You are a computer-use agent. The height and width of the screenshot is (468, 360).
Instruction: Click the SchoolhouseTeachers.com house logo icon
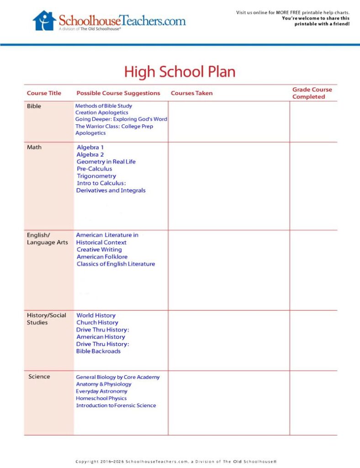44,21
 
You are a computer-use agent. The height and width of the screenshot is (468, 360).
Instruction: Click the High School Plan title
180,72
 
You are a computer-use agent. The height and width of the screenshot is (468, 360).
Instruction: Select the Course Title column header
44,93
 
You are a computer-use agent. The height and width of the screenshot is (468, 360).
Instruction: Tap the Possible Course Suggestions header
118,93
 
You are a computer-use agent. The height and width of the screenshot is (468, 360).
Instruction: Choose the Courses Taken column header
191,93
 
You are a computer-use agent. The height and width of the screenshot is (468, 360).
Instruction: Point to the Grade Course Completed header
312,93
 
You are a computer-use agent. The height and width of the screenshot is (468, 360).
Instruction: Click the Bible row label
34,106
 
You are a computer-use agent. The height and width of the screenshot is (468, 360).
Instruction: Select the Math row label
34,147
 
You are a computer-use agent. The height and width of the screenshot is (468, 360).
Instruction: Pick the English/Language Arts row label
47,239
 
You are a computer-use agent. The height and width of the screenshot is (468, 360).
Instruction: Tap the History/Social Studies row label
46,319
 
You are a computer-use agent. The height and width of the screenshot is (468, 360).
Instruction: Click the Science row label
39,377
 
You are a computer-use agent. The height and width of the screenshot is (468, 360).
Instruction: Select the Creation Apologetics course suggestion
102,112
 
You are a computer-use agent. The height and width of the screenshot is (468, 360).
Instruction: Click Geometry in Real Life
106,162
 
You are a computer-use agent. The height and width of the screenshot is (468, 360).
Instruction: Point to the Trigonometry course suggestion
96,176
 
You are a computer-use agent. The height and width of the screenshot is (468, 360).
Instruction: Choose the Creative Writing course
99,250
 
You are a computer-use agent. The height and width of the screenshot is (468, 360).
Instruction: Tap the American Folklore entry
102,257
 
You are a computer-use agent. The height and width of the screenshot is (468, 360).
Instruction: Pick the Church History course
97,323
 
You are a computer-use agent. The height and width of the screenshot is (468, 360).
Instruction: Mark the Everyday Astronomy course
101,391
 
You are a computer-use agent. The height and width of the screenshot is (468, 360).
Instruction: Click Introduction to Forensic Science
116,405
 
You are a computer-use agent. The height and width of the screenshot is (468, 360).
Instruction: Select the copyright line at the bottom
176,462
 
